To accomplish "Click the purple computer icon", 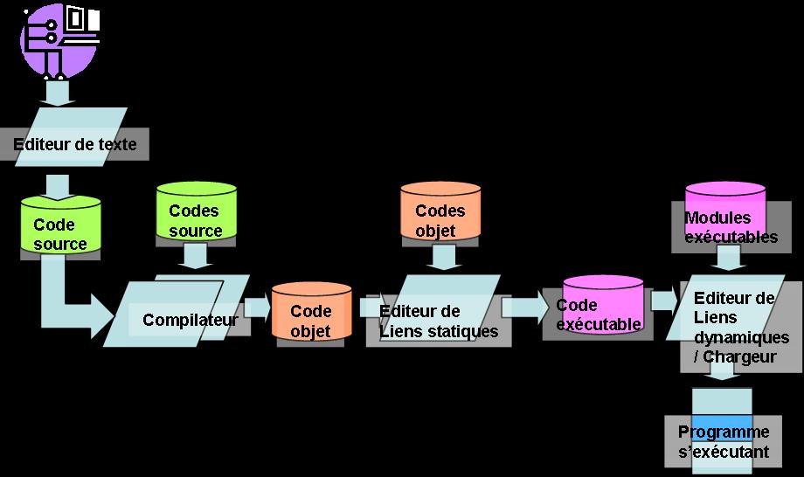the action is [59, 41].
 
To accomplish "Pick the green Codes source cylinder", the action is [197, 211].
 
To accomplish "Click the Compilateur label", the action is [191, 320].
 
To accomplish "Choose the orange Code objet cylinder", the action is [311, 311].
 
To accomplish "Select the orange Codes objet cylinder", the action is [440, 211].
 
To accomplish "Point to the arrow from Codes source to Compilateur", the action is [196, 255].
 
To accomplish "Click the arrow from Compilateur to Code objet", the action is [258, 308].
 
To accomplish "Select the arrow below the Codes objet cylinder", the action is [444, 257].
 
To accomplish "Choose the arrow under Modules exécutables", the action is [728, 258].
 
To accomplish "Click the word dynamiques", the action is [741, 337].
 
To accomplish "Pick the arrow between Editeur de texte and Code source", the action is [58, 187].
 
